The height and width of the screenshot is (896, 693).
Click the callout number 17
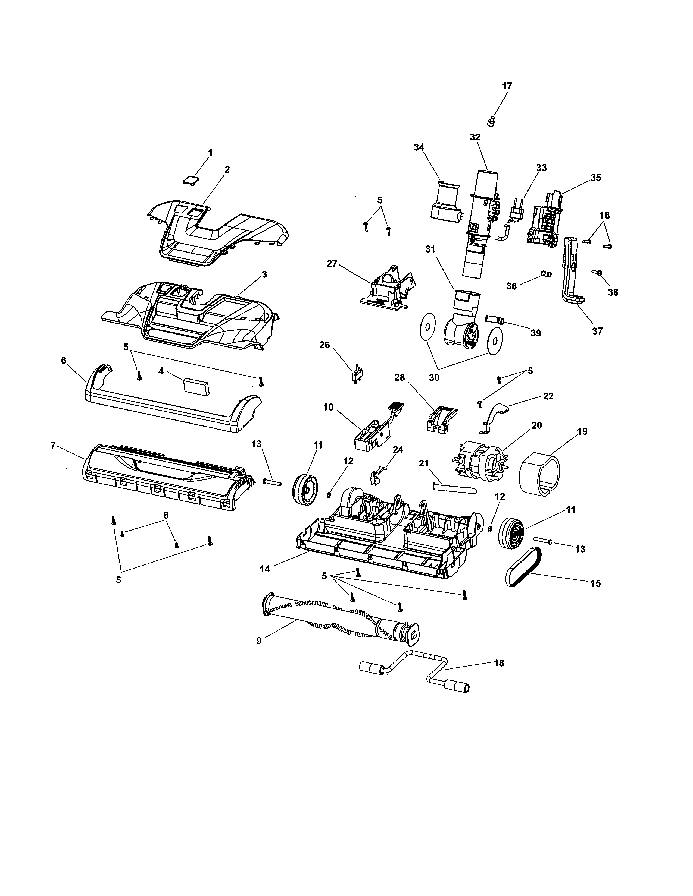507,86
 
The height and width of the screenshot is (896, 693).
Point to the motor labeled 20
479,462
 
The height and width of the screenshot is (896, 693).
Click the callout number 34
419,147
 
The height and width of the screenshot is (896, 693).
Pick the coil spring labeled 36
546,274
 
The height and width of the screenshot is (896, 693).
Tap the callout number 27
332,264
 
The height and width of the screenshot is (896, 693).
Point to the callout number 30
434,377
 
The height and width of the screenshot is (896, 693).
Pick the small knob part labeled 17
491,121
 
